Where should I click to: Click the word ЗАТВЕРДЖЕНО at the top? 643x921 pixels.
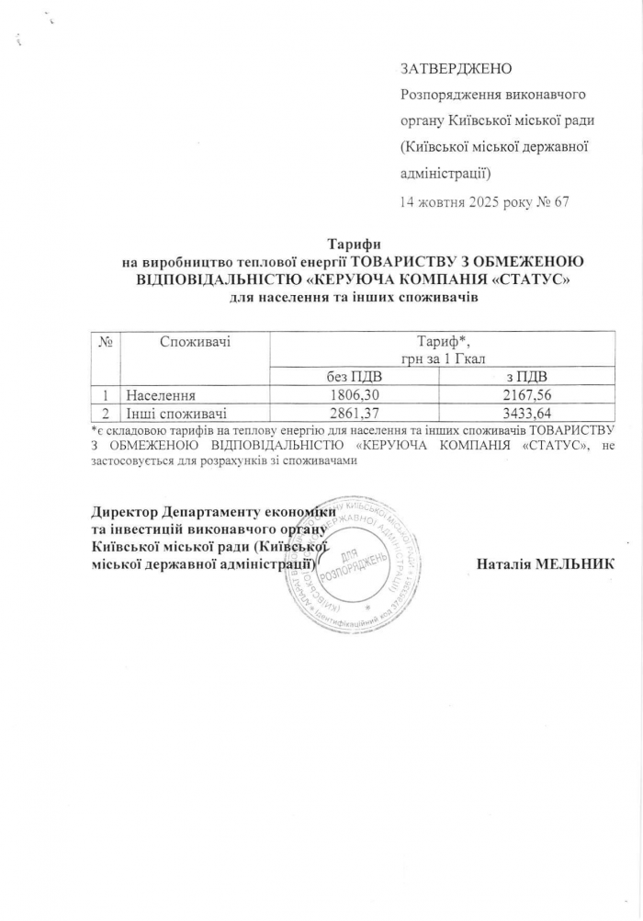(x=456, y=70)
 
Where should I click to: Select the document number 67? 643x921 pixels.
(x=561, y=202)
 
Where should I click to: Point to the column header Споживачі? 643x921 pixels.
(x=195, y=342)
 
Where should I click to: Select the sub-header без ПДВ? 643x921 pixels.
(x=355, y=377)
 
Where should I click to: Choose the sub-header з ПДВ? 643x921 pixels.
(x=528, y=377)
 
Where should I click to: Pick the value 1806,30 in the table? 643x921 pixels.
(x=355, y=394)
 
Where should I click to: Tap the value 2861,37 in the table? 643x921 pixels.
(x=355, y=412)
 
